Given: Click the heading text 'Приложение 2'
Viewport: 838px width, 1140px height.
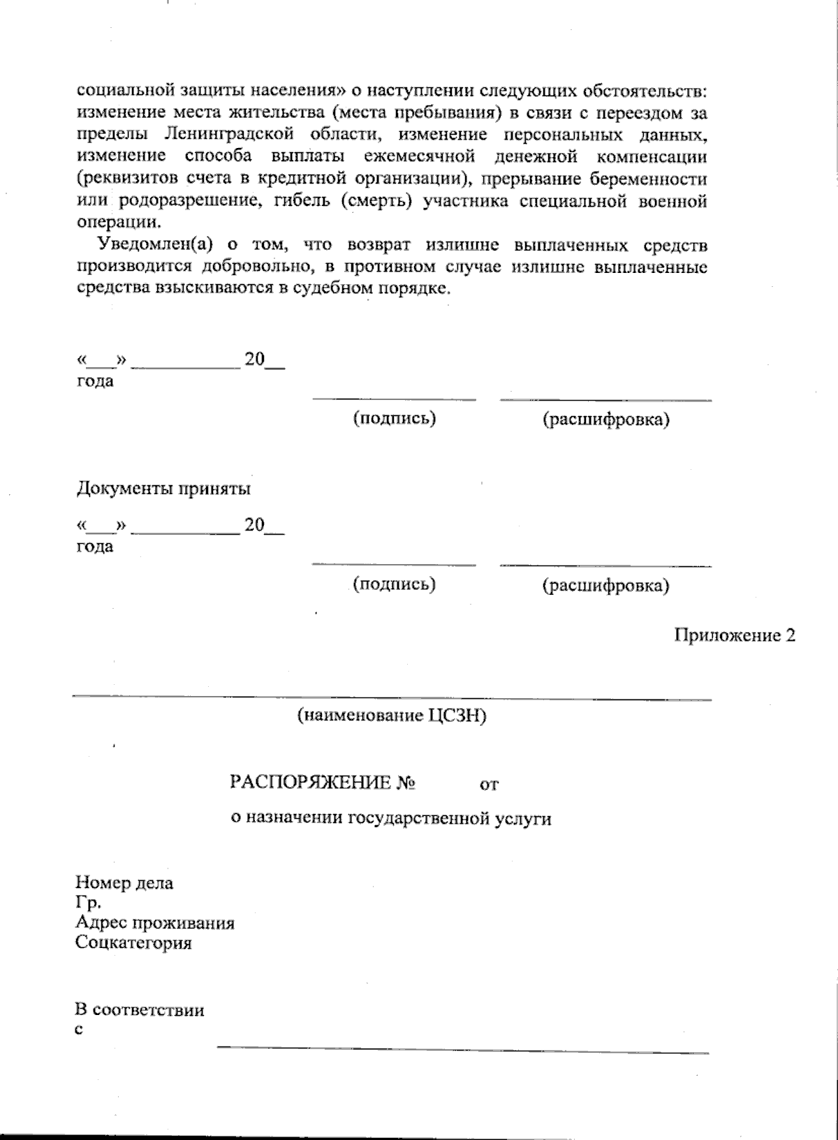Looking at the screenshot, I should [734, 636].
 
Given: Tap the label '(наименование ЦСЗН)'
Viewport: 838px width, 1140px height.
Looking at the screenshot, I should [391, 716].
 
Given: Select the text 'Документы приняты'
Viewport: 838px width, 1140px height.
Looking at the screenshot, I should [163, 489].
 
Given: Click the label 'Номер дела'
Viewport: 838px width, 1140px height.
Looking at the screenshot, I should [124, 883].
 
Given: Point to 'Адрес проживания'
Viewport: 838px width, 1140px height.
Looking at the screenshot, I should [154, 923].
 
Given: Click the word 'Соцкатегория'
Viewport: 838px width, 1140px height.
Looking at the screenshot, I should [133, 943].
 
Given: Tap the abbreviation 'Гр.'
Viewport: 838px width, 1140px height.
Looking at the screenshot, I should [84, 903].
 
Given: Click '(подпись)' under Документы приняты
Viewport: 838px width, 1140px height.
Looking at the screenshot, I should [394, 584].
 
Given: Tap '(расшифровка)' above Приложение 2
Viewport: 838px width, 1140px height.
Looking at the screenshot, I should [605, 585].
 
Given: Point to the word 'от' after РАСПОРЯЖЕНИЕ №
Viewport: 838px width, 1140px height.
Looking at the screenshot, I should [489, 785].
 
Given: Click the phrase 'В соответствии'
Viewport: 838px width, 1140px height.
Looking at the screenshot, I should [140, 1009].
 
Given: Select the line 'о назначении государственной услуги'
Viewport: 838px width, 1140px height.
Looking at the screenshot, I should [391, 818].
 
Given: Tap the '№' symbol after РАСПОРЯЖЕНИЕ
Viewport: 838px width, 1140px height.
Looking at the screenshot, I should [406, 783].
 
